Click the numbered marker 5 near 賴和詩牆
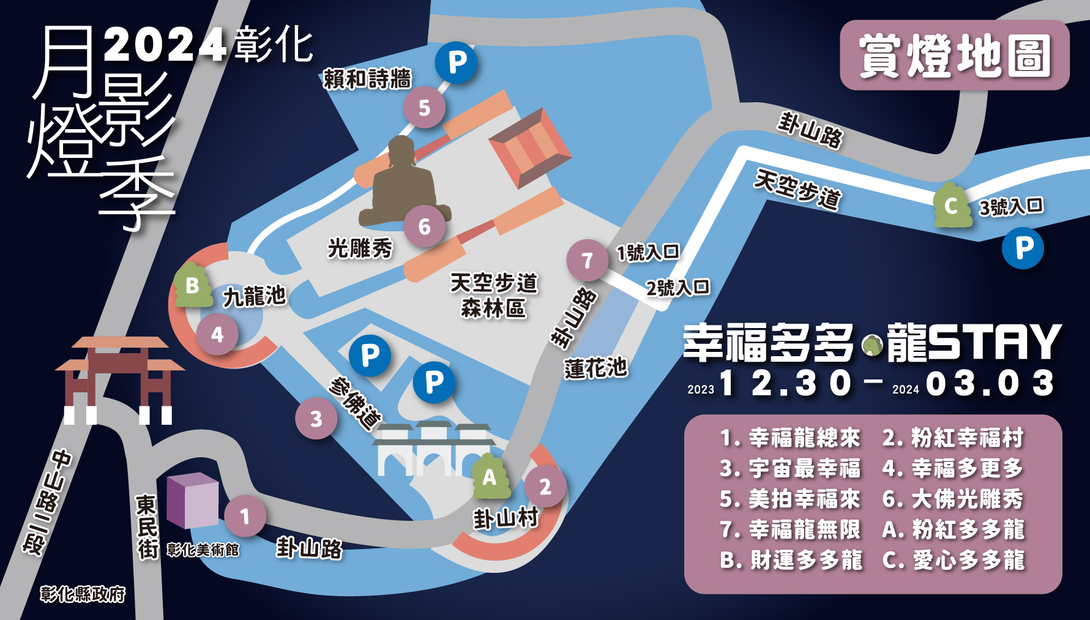(424, 108)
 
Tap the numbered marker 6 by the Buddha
(424, 226)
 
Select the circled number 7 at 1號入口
(587, 260)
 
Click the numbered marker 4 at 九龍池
(217, 334)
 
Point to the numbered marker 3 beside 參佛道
(316, 419)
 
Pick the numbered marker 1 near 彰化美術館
(245, 516)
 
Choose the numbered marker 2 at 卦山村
(545, 487)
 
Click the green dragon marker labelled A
(490, 477)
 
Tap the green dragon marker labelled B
(193, 285)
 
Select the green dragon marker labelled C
(951, 206)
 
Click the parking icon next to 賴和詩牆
(457, 62)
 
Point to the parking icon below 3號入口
(1023, 248)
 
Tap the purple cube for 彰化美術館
(192, 500)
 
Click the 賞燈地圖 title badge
(954, 55)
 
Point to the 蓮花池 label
(595, 368)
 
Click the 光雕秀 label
(360, 248)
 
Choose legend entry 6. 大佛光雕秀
(952, 499)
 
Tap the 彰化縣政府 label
(83, 594)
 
